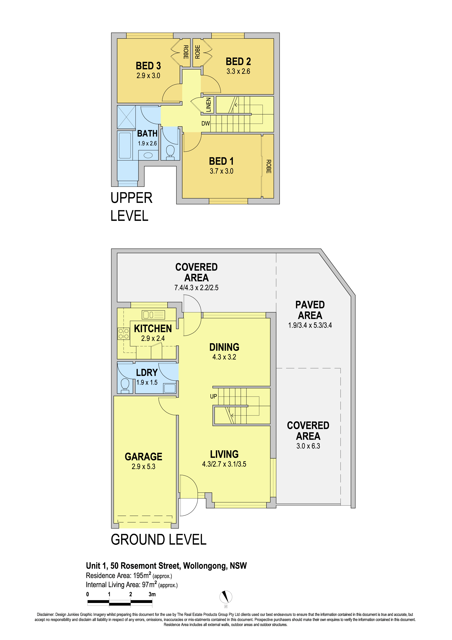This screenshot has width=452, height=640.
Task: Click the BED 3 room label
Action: (x=148, y=66)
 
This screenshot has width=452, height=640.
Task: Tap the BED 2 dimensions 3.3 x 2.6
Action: (x=238, y=71)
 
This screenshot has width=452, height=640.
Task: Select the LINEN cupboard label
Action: (x=208, y=105)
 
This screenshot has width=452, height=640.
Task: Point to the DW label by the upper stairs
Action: (x=205, y=124)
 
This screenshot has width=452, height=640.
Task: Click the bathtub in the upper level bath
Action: (x=125, y=146)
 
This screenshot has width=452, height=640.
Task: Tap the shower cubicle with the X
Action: (x=126, y=117)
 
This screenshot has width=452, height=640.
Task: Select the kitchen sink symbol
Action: (x=153, y=315)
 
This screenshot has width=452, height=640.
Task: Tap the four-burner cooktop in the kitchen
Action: (x=124, y=334)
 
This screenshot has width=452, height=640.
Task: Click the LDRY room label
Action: (x=147, y=373)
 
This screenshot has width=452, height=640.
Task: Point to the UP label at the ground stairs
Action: (x=213, y=396)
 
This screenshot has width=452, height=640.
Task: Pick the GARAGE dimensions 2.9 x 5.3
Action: (x=143, y=467)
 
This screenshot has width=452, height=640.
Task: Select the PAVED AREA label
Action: (x=310, y=310)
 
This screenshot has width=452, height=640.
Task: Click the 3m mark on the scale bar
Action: (x=152, y=594)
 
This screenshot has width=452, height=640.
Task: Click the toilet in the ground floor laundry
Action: (x=125, y=385)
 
